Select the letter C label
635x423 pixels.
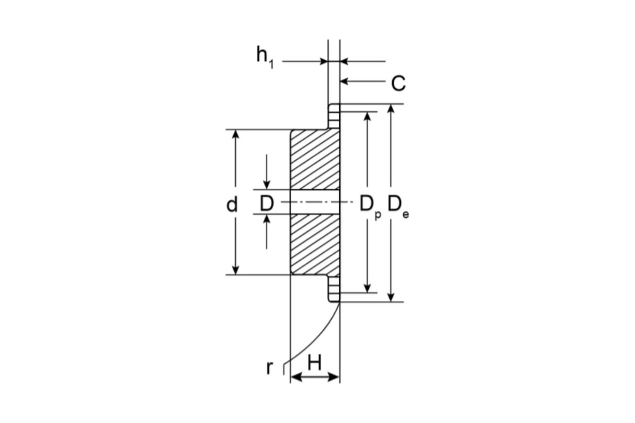tap(398, 84)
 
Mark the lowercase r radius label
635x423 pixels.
tap(269, 368)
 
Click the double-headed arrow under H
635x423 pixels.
tap(315, 377)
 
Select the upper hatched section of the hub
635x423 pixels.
tap(315, 160)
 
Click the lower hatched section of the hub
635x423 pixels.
tap(315, 244)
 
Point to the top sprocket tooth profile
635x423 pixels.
tap(334, 116)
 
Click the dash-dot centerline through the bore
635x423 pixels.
tap(317, 202)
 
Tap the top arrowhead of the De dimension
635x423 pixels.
tap(391, 109)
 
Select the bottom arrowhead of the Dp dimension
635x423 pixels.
tap(367, 288)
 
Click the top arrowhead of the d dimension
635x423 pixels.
tap(235, 135)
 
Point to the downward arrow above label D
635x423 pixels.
tap(267, 172)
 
